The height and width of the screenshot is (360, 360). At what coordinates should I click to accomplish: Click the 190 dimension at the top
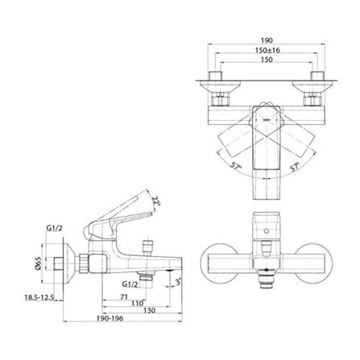click(267, 40)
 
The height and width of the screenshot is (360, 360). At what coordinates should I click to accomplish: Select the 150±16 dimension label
click(267, 50)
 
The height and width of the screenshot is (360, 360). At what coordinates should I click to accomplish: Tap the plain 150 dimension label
click(267, 60)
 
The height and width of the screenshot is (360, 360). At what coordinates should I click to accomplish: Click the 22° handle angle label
click(156, 201)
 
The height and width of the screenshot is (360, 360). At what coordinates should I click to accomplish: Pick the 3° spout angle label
click(178, 282)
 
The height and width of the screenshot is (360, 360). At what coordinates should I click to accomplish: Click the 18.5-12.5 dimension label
click(39, 297)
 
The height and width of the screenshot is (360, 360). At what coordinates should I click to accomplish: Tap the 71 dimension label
click(123, 297)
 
